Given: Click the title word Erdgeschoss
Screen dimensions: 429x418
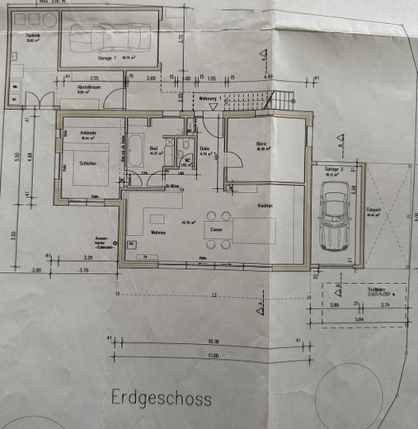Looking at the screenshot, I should tap(162, 398).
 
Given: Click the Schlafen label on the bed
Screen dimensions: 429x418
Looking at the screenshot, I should tap(90, 164).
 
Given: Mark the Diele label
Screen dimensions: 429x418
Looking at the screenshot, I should tap(205, 149).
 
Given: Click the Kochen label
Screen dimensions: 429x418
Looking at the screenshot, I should tap(265, 205).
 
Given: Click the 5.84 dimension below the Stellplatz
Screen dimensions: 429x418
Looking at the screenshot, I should tap(360, 317).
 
